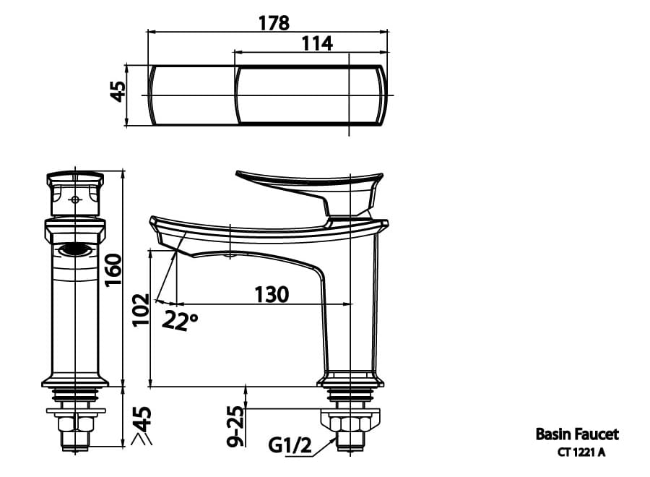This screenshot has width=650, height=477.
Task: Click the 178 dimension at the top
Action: (x=274, y=22)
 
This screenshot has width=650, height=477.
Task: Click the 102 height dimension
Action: (x=141, y=309)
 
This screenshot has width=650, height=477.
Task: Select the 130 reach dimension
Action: (x=271, y=295)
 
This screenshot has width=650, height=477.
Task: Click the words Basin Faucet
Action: (x=576, y=434)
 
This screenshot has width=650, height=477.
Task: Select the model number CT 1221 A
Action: (x=581, y=453)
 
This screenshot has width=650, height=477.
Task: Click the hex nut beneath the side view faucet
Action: (x=350, y=424)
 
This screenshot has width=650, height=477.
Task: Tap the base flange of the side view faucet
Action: (x=350, y=379)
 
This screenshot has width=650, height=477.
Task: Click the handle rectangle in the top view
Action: (x=311, y=96)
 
